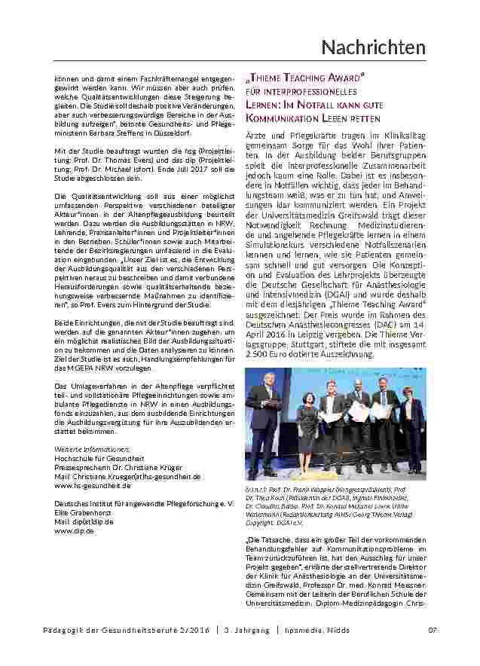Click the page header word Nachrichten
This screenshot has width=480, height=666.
pos(373,47)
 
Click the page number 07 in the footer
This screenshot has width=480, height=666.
pos(433,631)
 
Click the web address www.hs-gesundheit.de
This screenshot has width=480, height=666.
pos(87,485)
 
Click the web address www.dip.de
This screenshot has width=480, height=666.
pos(74,530)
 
